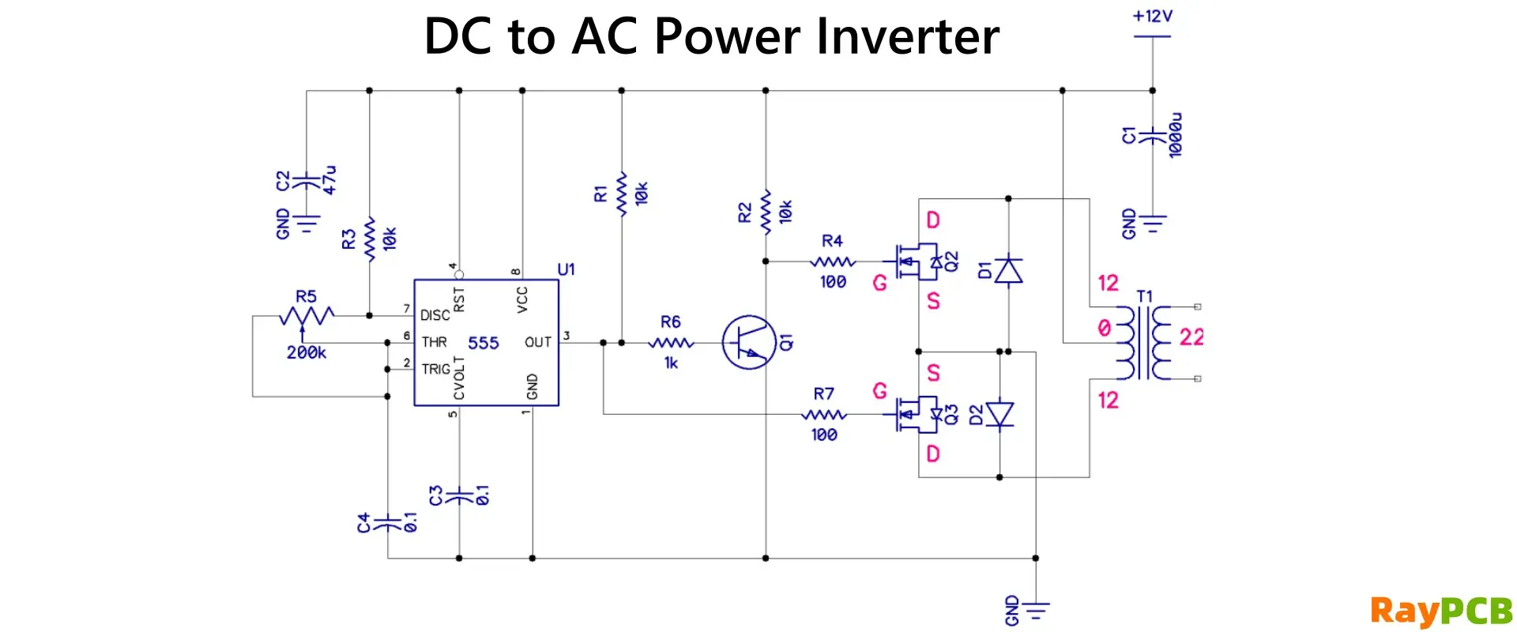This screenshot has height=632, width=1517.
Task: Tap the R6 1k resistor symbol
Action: click(x=671, y=343)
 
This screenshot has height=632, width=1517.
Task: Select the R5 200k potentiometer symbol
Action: click(x=307, y=316)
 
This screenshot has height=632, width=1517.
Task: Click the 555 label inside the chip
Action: click(x=484, y=343)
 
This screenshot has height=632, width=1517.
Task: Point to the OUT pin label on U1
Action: click(x=538, y=342)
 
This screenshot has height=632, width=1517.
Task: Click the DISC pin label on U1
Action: click(x=435, y=315)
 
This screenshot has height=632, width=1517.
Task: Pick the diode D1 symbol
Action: click(x=1008, y=270)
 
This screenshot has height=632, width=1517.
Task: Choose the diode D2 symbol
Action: click(x=999, y=414)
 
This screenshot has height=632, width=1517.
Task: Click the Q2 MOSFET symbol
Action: click(x=917, y=261)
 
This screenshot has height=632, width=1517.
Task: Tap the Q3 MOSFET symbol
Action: click(x=917, y=414)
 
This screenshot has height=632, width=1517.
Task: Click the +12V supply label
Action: click(x=1152, y=16)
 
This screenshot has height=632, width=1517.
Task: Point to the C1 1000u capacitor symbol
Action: click(x=1153, y=136)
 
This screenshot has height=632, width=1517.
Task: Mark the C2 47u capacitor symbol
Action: click(x=307, y=182)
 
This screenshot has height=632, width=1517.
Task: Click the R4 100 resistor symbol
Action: click(x=833, y=261)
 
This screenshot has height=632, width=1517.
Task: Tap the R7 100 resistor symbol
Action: click(x=824, y=414)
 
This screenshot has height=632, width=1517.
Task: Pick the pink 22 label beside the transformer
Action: click(x=1191, y=337)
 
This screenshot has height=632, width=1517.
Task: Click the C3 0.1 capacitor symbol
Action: click(x=459, y=496)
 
